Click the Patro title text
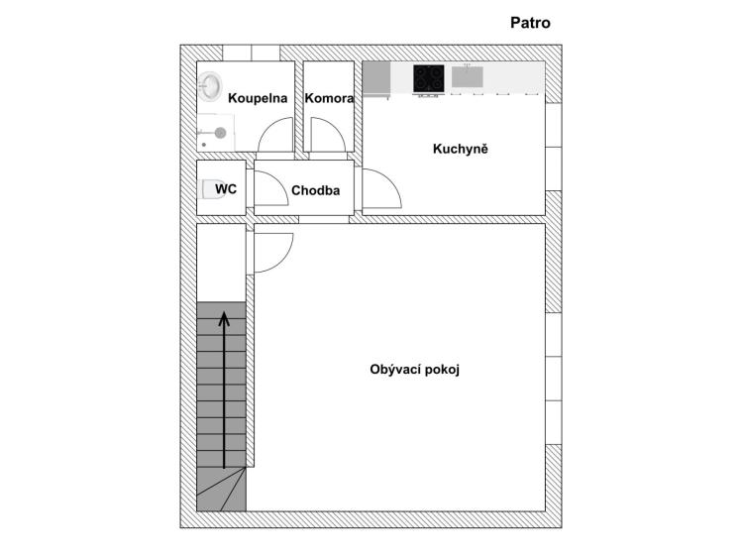tap(530, 23)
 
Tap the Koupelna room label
tap(258, 98)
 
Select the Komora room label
tap(329, 98)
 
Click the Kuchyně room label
tap(460, 149)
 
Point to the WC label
tap(226, 189)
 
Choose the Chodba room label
tap(315, 190)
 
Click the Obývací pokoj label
tap(414, 369)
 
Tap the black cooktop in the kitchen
tap(429, 78)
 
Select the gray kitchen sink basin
tap(467, 76)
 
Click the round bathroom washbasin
tap(210, 86)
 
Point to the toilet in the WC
tap(213, 189)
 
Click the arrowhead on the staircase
tap(224, 318)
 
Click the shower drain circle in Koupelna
tap(220, 133)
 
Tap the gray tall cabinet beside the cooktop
tap(376, 78)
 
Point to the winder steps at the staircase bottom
tap(221, 489)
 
